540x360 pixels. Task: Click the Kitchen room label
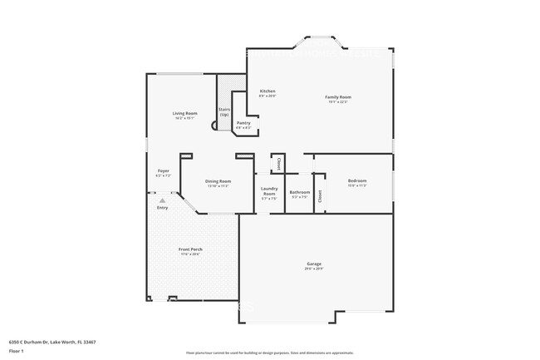click(x=268, y=91)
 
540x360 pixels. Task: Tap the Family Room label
click(x=337, y=97)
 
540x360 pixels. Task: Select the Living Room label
click(x=184, y=113)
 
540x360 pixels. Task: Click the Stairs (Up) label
click(x=224, y=111)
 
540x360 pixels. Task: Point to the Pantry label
click(x=243, y=123)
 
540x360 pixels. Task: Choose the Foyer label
click(x=164, y=171)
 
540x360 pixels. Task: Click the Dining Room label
click(x=218, y=180)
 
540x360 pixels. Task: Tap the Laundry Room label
click(x=269, y=191)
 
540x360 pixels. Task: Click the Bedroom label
click(x=357, y=180)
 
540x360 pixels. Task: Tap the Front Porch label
click(x=191, y=249)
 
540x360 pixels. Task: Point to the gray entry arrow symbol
click(x=163, y=200)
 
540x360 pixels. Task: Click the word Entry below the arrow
click(x=163, y=208)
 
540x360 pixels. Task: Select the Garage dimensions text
click(x=313, y=269)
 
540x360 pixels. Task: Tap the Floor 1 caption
click(x=17, y=351)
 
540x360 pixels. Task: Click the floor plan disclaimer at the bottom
click(x=270, y=353)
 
